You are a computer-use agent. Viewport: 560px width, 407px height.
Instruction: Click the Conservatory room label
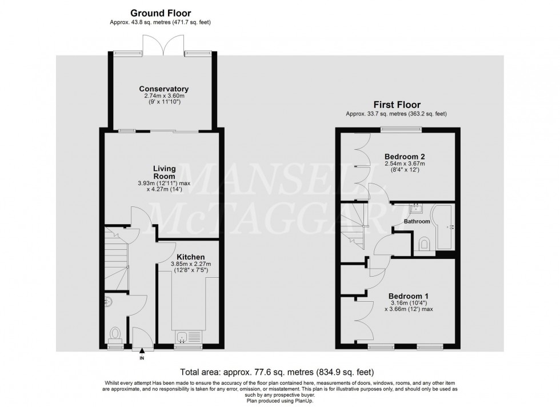(x=163, y=89)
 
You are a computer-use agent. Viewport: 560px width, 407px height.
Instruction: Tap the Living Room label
(x=165, y=172)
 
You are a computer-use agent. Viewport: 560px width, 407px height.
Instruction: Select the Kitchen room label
(x=191, y=257)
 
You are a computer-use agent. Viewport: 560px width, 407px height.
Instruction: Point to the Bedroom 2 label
(x=405, y=157)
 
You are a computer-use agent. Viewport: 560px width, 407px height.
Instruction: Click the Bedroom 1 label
(x=408, y=296)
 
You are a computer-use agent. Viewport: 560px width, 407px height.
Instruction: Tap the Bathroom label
(x=417, y=222)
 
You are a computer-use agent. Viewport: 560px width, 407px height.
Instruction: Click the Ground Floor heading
(x=161, y=13)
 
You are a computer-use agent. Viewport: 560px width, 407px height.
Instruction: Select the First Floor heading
(x=397, y=105)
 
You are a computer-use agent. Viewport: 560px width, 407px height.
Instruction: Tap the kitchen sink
(x=189, y=337)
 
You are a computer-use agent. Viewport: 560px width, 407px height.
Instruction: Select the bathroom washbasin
(x=416, y=208)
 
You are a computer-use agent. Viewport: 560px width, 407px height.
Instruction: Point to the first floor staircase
(x=353, y=226)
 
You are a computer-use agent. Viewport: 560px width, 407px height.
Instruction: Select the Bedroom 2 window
(x=401, y=130)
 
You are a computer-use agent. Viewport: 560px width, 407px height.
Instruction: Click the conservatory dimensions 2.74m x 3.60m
(x=165, y=96)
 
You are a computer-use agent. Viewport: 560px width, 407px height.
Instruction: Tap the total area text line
(x=277, y=372)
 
